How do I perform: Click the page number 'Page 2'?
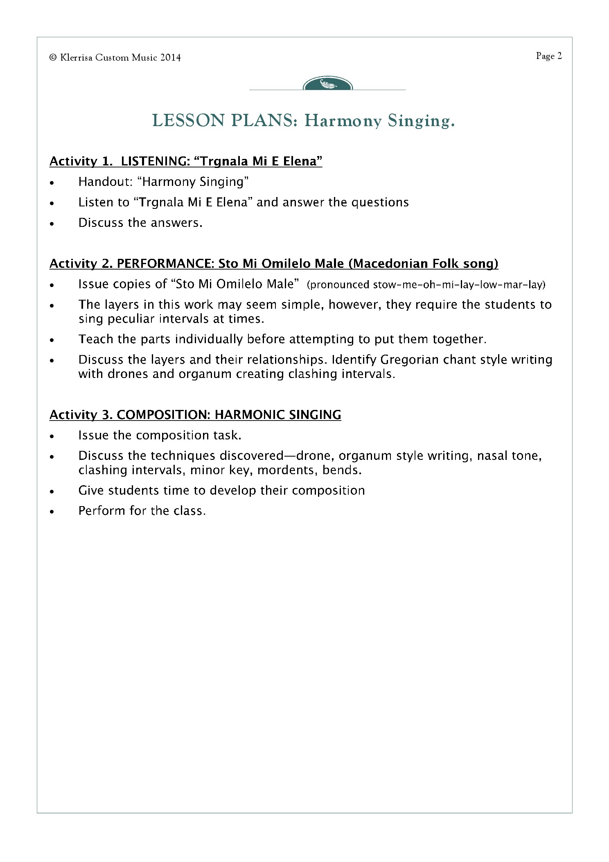tap(549, 56)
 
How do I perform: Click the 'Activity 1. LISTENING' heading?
tap(185, 161)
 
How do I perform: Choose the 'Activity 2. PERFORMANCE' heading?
tap(273, 263)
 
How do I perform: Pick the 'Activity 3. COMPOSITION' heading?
tap(195, 415)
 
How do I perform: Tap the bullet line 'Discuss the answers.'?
tap(140, 223)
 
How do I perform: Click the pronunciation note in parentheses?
tap(426, 285)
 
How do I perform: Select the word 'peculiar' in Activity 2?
tap(129, 319)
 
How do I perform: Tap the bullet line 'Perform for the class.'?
tap(142, 511)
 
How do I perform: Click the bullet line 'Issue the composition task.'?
tap(160, 435)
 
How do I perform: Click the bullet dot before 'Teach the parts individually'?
tap(52, 340)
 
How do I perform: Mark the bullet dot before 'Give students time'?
tap(52, 491)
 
